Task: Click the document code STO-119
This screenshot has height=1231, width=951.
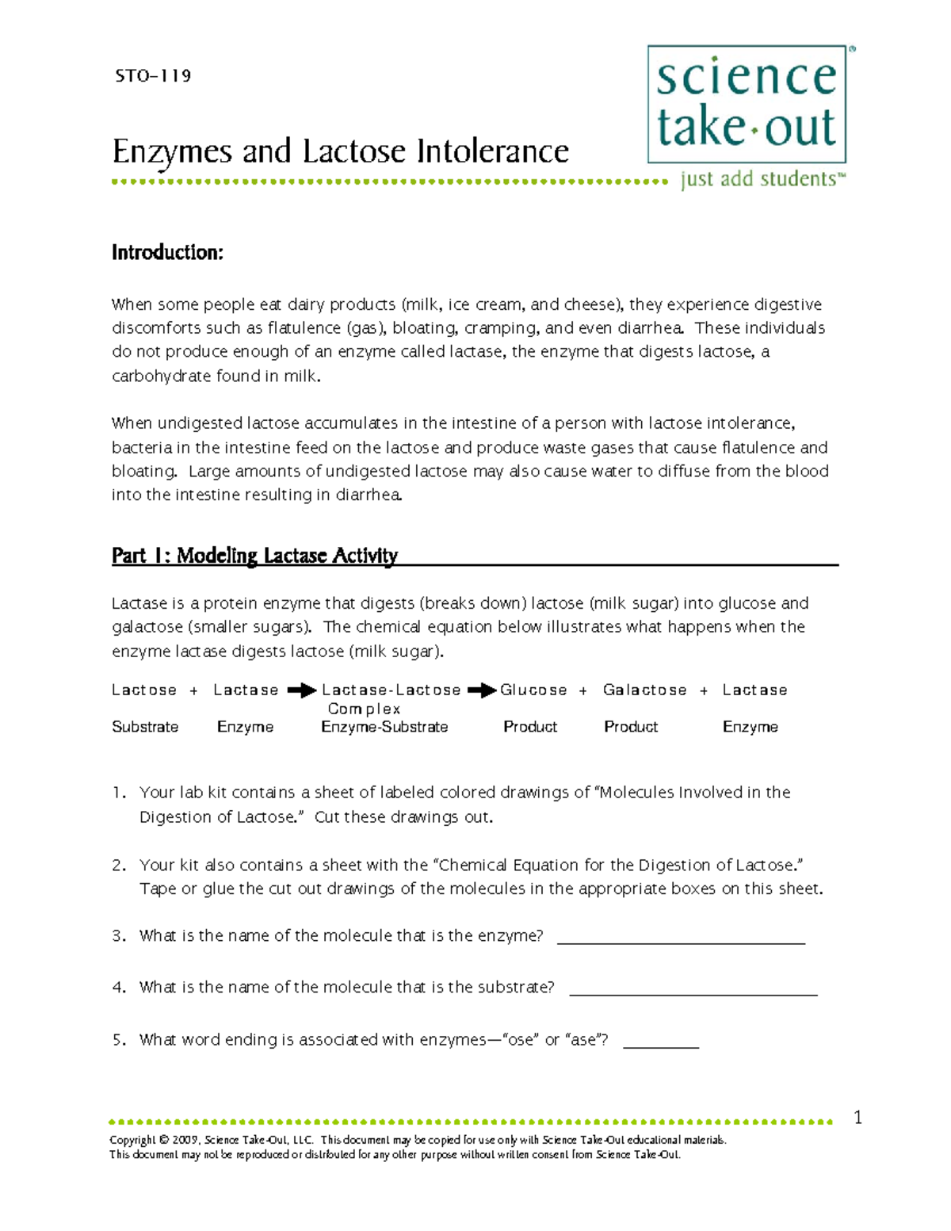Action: coord(153,76)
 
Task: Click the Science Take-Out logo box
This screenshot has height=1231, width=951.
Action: coord(747,104)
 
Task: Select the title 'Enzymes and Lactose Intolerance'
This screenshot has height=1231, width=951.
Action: coord(340,151)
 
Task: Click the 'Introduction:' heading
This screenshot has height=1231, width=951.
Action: coord(167,253)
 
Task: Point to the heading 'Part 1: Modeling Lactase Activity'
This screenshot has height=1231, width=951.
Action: coord(254,556)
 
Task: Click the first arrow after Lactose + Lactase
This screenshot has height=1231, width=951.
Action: coord(301,690)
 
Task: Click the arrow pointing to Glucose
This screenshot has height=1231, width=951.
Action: coord(482,690)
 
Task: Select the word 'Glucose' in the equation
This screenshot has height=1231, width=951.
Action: coord(533,690)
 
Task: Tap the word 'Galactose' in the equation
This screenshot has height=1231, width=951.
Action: coord(644,690)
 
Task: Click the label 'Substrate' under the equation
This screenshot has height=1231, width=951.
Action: coord(145,727)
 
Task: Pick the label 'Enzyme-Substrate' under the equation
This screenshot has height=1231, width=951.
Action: coord(384,727)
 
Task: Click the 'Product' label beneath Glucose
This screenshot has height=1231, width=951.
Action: coord(530,727)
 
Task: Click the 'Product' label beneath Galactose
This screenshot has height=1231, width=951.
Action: coord(631,727)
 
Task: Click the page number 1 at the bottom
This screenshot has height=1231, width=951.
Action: coord(857,1118)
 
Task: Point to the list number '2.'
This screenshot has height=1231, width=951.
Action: coord(119,866)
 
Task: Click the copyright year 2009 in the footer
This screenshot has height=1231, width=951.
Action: coord(185,1140)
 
